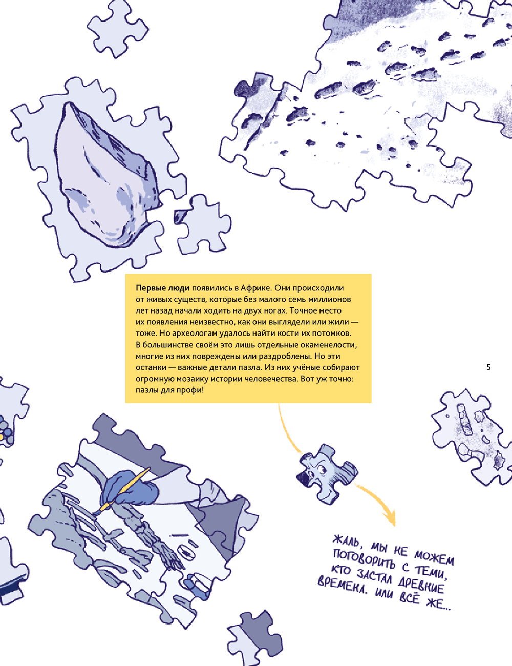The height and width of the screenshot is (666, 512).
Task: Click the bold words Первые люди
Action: pos(163,288)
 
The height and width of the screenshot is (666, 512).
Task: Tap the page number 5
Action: pos(488,367)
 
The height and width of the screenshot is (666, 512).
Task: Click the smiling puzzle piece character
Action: pos(327,474)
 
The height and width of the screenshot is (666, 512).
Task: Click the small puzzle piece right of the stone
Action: pos(203,225)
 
